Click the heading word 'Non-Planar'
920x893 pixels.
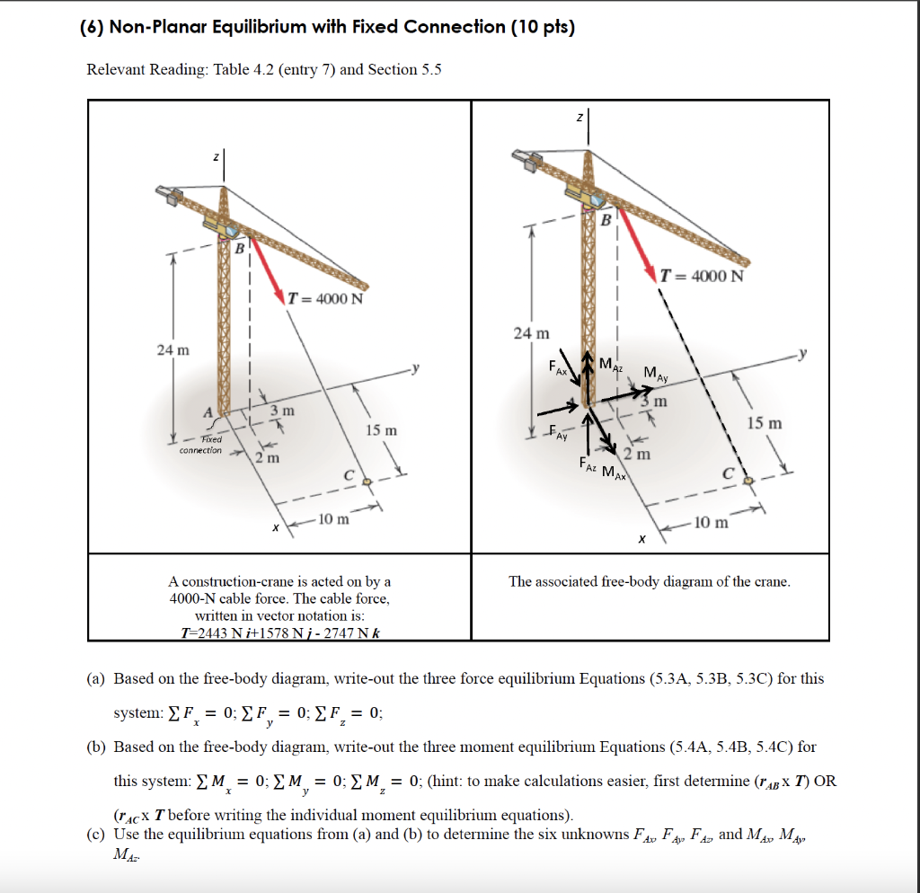click(170, 27)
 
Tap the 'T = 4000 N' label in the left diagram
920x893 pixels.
click(324, 299)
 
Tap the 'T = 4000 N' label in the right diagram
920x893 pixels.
click(702, 275)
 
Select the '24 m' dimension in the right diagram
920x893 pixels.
click(531, 333)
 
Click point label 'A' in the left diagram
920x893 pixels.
click(208, 411)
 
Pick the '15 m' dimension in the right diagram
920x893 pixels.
click(763, 422)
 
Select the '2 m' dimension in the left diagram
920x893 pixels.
click(266, 458)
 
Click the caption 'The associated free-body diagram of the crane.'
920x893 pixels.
click(650, 581)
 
